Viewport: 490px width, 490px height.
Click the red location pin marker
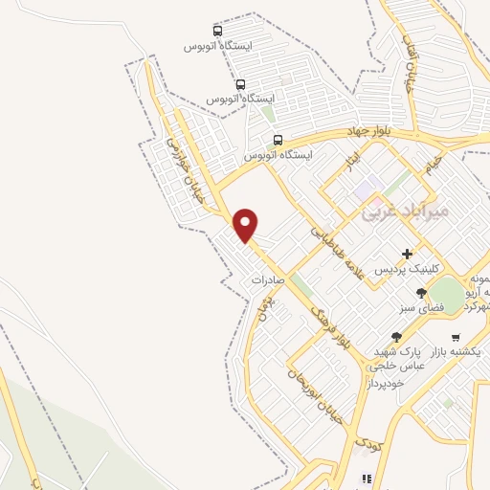(x=246, y=225)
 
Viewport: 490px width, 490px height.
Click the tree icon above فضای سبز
(x=421, y=294)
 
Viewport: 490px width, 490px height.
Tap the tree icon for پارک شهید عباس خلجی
(x=396, y=337)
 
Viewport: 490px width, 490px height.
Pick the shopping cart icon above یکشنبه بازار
(x=455, y=337)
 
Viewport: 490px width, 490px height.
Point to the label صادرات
(x=270, y=280)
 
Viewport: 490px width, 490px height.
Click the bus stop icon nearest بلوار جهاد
(x=278, y=140)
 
